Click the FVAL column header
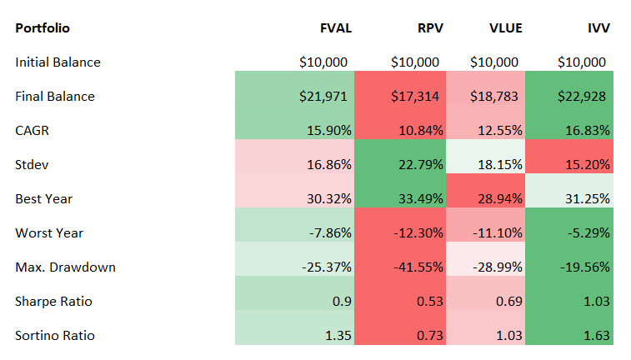point(335,27)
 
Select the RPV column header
point(428,27)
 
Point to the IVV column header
point(598,27)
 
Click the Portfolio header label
point(43,27)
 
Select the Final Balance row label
point(55,97)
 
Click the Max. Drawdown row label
point(66,267)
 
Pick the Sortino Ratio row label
point(55,336)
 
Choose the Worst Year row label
point(49,233)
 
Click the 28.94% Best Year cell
point(500,199)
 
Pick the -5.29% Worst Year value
point(588,233)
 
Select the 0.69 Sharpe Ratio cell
point(509,302)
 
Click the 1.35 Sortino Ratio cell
point(338,336)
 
